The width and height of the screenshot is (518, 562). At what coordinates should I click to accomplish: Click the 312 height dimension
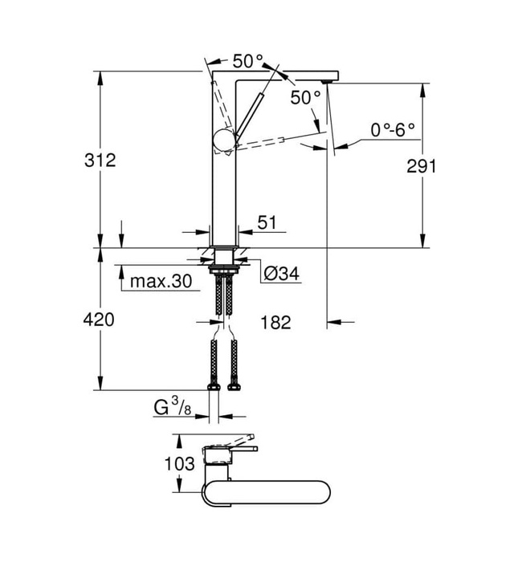pos(100,160)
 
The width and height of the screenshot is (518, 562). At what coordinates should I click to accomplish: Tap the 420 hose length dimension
pos(100,320)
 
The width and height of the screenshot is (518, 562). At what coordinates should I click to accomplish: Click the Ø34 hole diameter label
pos(280,275)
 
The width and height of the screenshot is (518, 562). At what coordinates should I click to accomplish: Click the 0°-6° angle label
pos(393,129)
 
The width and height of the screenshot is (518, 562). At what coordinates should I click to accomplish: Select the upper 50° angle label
pos(248,61)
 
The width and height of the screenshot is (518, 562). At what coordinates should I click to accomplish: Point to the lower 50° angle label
pos(305,97)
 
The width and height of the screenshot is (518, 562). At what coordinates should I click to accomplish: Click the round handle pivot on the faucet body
pos(222,142)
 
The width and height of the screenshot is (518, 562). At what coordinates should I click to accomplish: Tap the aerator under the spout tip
pos(326,82)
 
